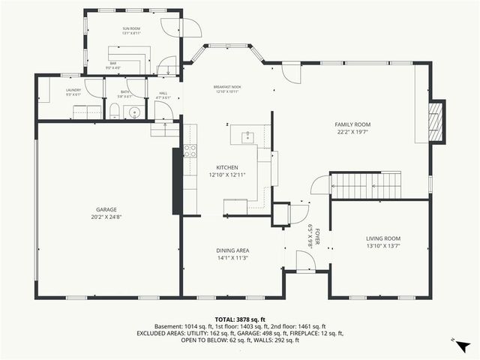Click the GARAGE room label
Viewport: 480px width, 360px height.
coord(106,209)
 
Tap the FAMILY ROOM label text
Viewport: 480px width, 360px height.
coord(352,124)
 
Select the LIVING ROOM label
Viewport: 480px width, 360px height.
coord(378,238)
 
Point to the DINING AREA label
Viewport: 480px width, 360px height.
coord(232,250)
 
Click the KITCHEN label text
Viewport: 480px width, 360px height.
coord(227,167)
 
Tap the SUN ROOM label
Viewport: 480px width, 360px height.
coord(131,28)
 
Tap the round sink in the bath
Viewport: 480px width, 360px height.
coord(134,113)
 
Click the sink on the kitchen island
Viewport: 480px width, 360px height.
coord(247,136)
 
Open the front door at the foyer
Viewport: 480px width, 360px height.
coord(305,261)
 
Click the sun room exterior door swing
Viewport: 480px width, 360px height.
coord(191,28)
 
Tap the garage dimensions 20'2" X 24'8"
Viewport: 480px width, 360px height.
coord(106,217)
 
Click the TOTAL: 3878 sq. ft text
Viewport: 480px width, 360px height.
coord(239,319)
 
